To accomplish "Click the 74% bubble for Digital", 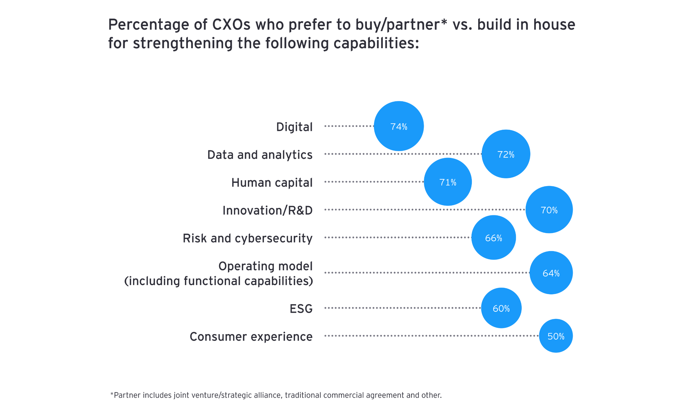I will pyautogui.click(x=399, y=126).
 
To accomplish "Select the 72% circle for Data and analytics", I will pyautogui.click(x=506, y=154).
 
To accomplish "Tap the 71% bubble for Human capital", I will pyautogui.click(x=448, y=182).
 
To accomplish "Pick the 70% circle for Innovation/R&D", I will pyautogui.click(x=549, y=210).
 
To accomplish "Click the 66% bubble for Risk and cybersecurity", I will pyautogui.click(x=493, y=238).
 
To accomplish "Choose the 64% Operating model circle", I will pyautogui.click(x=551, y=273).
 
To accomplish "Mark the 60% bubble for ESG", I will pyautogui.click(x=501, y=308).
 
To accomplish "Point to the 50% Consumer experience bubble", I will pyautogui.click(x=556, y=336).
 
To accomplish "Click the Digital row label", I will pyautogui.click(x=294, y=127).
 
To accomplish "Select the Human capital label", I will pyautogui.click(x=272, y=183).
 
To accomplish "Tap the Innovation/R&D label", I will pyautogui.click(x=267, y=210).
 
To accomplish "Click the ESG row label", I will pyautogui.click(x=301, y=309).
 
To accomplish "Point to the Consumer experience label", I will pyautogui.click(x=251, y=337).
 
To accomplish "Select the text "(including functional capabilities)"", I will pyautogui.click(x=219, y=281).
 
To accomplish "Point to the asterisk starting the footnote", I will pyautogui.click(x=112, y=394).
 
